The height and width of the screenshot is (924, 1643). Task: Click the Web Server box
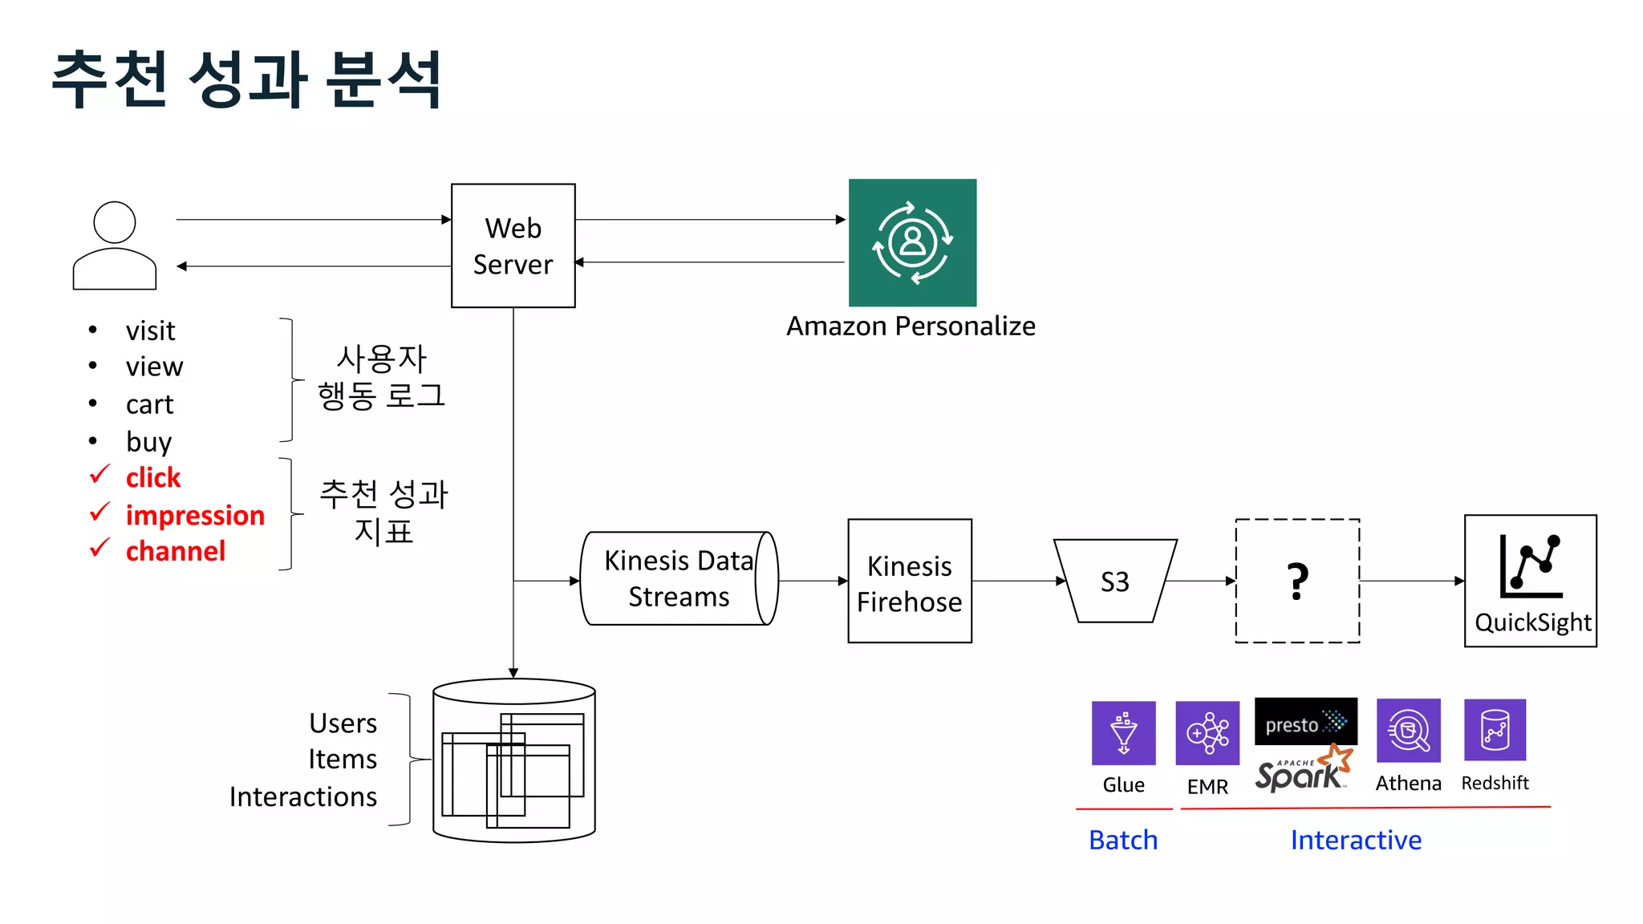tap(513, 245)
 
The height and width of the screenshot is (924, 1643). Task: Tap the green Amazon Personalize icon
tap(912, 242)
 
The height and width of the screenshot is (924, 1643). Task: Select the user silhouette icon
tap(115, 245)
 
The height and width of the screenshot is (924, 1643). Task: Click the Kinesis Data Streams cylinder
tap(678, 578)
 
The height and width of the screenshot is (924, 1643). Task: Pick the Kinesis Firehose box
tap(909, 582)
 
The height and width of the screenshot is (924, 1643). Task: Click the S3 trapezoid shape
tap(1114, 582)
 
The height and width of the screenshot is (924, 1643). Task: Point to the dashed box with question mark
tap(1297, 582)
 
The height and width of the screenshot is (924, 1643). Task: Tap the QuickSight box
tap(1530, 582)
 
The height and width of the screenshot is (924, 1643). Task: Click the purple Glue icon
tap(1123, 732)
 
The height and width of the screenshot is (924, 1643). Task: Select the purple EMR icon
tap(1207, 732)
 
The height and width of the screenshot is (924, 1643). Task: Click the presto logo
tap(1305, 722)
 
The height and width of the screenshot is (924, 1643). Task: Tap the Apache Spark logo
tap(1302, 771)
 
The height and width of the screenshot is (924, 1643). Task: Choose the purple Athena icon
tap(1408, 730)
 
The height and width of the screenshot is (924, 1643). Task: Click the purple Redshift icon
tap(1495, 730)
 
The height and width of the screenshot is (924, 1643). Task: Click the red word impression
tap(195, 515)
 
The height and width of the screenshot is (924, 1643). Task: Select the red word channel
tap(176, 552)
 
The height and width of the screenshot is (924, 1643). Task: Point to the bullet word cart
tap(149, 404)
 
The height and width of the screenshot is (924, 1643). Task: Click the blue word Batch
tap(1123, 840)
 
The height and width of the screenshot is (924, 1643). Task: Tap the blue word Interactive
tap(1356, 840)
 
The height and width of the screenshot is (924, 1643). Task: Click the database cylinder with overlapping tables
tap(513, 760)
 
